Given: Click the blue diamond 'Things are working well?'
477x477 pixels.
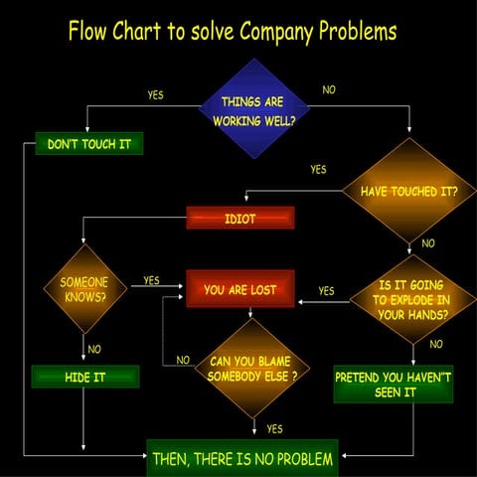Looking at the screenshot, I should coord(252,109).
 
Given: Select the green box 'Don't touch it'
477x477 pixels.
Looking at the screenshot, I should coord(89,144).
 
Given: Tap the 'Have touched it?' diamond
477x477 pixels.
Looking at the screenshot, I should coord(408,191).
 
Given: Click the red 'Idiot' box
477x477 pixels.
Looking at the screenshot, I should coord(239,218).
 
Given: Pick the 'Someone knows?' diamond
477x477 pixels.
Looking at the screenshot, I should coord(84,289).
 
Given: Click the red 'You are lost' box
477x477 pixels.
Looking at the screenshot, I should coord(239,290).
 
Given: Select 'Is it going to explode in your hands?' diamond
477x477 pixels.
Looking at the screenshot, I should coord(411,299).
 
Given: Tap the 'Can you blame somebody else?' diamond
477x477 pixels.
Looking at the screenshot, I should coord(252,369).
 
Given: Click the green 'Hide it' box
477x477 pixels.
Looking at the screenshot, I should coord(85,378).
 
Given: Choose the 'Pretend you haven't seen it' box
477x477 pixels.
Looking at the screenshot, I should coord(394,385).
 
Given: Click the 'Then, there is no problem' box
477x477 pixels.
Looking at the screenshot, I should coord(242,459).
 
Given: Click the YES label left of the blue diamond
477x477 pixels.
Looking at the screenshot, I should coord(156,95).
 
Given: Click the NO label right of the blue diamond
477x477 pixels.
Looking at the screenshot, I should coord(329,90).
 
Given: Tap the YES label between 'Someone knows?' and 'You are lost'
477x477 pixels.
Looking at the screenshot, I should coord(151,281).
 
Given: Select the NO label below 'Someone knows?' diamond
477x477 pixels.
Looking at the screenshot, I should coord(94,349).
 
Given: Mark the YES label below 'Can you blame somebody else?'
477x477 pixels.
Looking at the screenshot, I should coord(274,429).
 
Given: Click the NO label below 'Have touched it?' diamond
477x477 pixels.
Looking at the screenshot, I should coord(428,243).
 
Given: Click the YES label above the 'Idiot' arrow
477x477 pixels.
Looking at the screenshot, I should coord(318,170).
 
